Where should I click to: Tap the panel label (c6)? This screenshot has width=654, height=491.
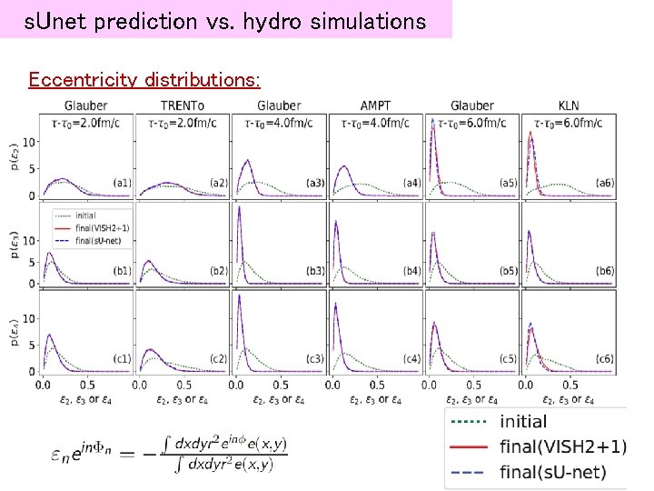point(604,358)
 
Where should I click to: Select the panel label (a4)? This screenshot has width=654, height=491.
point(411,183)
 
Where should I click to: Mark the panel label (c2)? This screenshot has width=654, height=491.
point(217,358)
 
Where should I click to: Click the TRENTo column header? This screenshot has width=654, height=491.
point(183,105)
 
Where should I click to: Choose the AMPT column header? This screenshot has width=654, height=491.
point(375,105)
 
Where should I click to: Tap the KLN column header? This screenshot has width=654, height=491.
point(569,105)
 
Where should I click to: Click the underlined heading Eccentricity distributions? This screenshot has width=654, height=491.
point(144,80)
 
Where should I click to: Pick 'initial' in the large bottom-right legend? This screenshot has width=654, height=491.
point(523,422)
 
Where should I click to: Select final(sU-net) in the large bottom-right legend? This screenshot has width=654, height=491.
point(552,472)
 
